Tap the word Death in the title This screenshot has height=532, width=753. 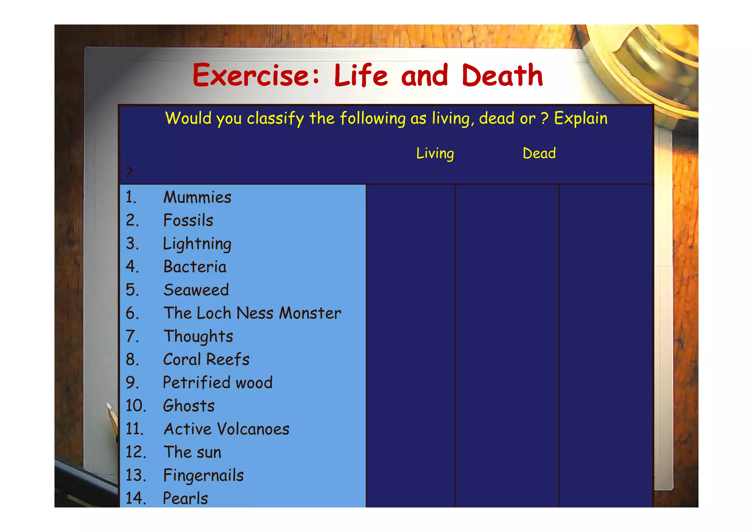coord(502,75)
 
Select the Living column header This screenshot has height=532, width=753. coord(435,153)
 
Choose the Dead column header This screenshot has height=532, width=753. coord(539,153)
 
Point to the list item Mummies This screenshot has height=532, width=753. coord(197,197)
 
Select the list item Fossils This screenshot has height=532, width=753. coord(188,221)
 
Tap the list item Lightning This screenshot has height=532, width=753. coord(197,244)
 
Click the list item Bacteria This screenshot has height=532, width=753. coord(195,267)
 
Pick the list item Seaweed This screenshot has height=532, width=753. coord(196,290)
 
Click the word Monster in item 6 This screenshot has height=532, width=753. coord(310,313)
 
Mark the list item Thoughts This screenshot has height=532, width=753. coord(198,336)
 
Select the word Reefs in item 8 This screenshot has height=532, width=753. coord(228,360)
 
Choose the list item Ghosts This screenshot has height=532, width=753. coord(189,406)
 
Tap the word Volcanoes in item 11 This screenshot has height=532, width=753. coord(253,429)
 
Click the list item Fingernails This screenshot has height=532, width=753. coord(203,475)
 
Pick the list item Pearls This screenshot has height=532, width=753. coord(185,499)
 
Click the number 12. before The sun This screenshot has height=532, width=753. coord(136,452)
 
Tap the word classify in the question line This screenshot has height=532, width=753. coord(275,118)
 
